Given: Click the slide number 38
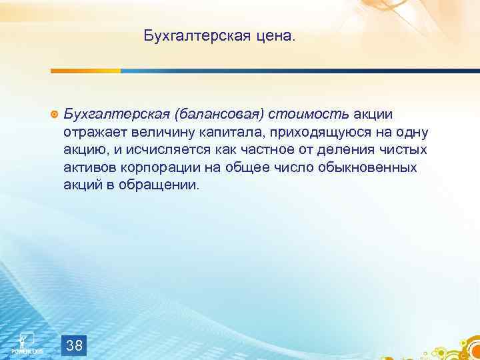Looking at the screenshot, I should click(x=75, y=346).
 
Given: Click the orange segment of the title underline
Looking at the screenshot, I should click(x=86, y=71).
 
